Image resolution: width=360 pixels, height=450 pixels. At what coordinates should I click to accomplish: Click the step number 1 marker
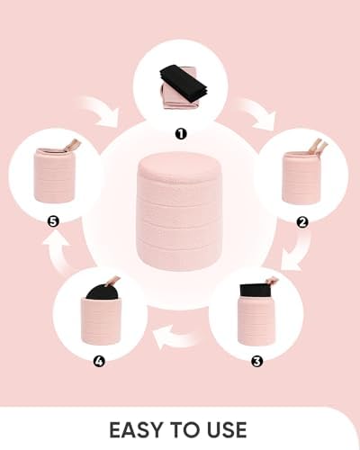click(x=181, y=134)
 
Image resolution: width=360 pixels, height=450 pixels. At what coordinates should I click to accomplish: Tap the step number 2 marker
click(x=302, y=222)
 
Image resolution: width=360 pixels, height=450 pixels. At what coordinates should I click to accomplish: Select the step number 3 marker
click(x=256, y=362)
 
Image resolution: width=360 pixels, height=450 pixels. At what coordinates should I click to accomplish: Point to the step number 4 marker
click(x=99, y=361)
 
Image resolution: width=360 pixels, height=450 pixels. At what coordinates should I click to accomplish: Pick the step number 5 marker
click(x=53, y=222)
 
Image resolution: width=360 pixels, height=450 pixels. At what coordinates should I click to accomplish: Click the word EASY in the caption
click(x=137, y=430)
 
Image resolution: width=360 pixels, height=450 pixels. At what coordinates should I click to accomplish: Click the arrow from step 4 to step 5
click(x=57, y=252)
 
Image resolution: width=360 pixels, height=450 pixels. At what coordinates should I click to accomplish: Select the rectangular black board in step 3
click(x=256, y=291)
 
